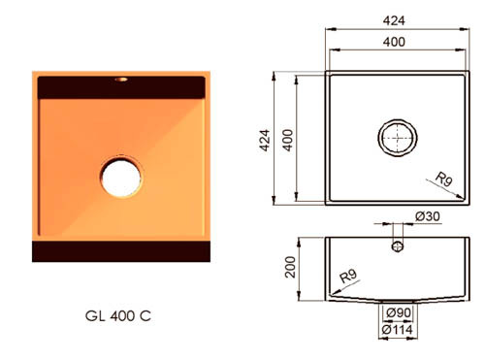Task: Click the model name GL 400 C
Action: pyautogui.click(x=118, y=316)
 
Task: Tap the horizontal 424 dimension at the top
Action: pyautogui.click(x=394, y=20)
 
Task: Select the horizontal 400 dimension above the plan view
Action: pyautogui.click(x=394, y=42)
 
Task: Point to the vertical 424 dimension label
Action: pyautogui.click(x=265, y=140)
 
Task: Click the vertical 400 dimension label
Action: pyautogui.click(x=287, y=140)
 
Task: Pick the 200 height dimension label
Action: pyautogui.click(x=290, y=267)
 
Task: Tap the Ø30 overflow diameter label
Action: pyautogui.click(x=428, y=216)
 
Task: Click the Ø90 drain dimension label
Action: pyautogui.click(x=399, y=312)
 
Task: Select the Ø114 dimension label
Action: pyautogui.click(x=397, y=330)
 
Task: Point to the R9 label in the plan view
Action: pyautogui.click(x=443, y=180)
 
